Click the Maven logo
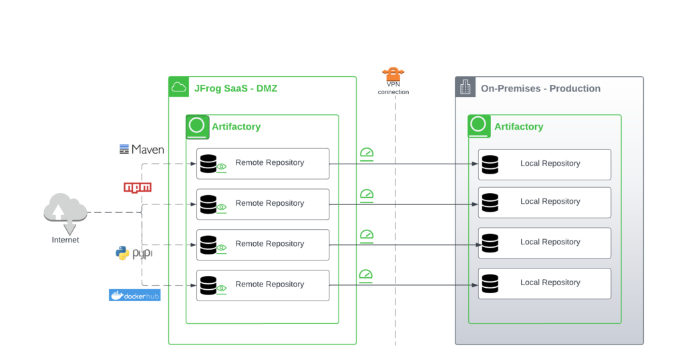(x=142, y=150)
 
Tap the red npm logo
(x=138, y=187)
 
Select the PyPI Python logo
(x=134, y=253)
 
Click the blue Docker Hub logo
(x=134, y=295)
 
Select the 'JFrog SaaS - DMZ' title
(x=235, y=87)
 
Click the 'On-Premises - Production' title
(x=540, y=88)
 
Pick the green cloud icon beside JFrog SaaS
(x=178, y=87)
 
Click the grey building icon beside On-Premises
(x=466, y=87)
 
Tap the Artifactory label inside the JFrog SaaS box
(x=236, y=126)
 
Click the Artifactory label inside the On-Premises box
(x=518, y=126)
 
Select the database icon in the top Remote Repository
(x=208, y=163)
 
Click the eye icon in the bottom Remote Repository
(x=222, y=289)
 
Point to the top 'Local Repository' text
(x=550, y=164)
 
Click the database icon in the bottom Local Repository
(x=490, y=283)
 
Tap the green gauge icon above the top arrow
(x=366, y=154)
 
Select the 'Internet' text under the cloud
(x=65, y=240)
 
